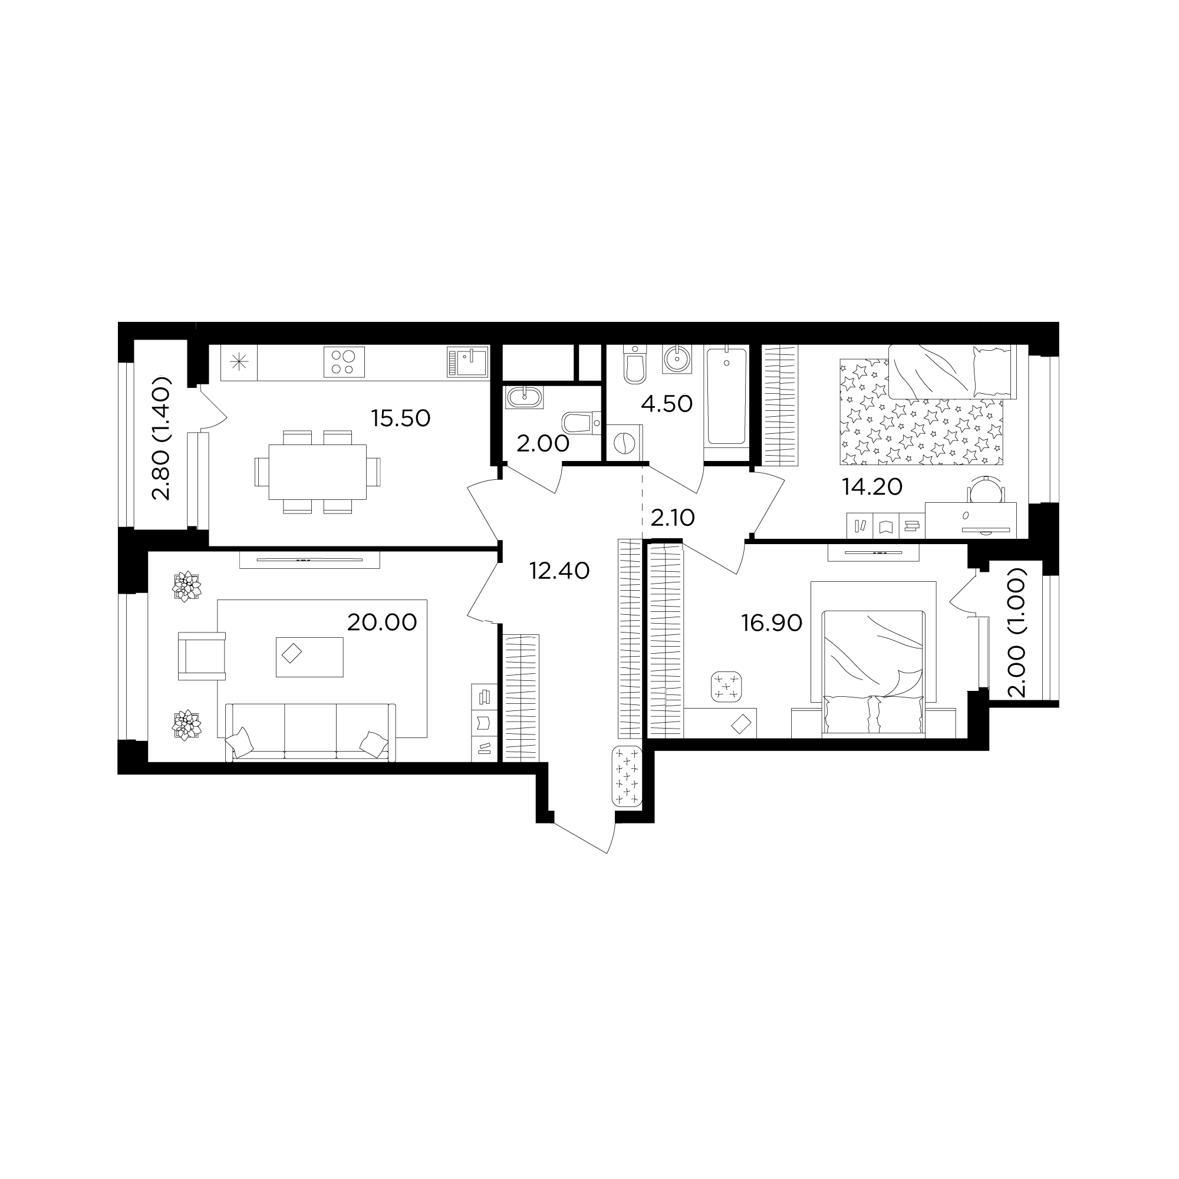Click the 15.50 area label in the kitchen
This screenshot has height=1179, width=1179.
pyautogui.click(x=400, y=419)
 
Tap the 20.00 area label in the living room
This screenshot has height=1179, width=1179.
pyautogui.click(x=382, y=623)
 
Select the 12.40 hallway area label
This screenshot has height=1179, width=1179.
pyautogui.click(x=559, y=571)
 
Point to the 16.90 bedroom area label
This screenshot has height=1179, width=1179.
pyautogui.click(x=771, y=623)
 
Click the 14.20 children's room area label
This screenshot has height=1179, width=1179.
pyautogui.click(x=872, y=486)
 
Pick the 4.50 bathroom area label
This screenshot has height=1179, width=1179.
pyautogui.click(x=666, y=404)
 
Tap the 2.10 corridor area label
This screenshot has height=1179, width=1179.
pyautogui.click(x=673, y=518)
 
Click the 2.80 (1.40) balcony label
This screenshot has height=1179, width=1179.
pyautogui.click(x=162, y=438)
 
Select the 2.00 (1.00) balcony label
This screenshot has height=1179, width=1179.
pyautogui.click(x=1017, y=632)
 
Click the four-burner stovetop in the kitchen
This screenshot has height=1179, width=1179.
pyautogui.click(x=344, y=362)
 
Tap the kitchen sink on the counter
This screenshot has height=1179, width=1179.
pyautogui.click(x=467, y=362)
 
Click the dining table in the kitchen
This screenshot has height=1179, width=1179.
pyautogui.click(x=317, y=472)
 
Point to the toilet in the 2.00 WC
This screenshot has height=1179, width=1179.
pyautogui.click(x=582, y=423)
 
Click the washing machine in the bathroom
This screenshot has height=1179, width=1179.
pyautogui.click(x=624, y=443)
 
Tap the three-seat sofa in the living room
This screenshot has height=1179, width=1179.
pyautogui.click(x=311, y=732)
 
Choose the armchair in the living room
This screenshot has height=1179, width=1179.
pyautogui.click(x=202, y=656)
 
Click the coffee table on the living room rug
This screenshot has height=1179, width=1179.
pyautogui.click(x=309, y=657)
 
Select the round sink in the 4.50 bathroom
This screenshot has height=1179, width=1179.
pyautogui.click(x=676, y=358)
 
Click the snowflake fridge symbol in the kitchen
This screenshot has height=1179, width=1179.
pyautogui.click(x=239, y=363)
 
